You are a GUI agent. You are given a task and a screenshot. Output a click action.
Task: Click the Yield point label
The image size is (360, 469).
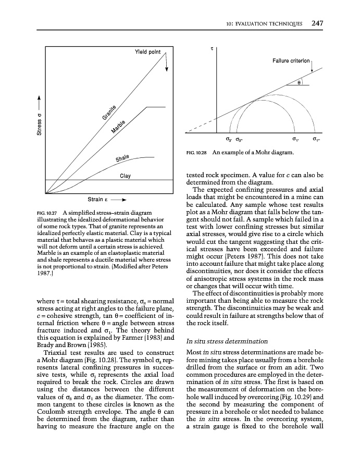click(147, 52)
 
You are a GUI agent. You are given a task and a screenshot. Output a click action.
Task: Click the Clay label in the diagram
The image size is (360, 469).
click(125, 176)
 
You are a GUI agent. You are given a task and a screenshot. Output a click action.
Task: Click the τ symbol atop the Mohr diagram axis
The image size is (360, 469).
click(212, 48)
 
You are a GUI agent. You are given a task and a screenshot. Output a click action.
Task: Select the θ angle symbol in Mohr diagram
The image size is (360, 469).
click(299, 81)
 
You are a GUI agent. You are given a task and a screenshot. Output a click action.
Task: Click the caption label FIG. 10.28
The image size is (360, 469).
click(196, 153)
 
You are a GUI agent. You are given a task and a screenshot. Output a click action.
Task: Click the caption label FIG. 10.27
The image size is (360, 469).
click(48, 213)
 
